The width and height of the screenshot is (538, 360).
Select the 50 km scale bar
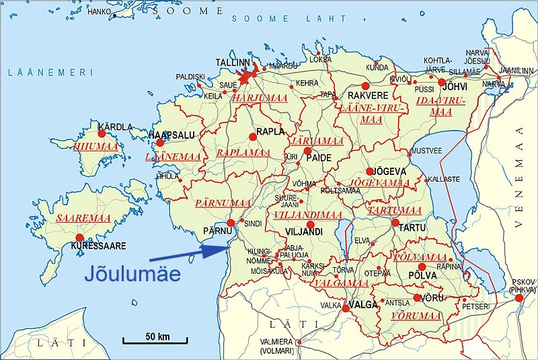[x=155, y=341]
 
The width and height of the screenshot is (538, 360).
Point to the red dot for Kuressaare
[x=79, y=238]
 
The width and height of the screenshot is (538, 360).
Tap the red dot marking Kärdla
[x=102, y=133]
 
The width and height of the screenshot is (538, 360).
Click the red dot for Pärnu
[x=231, y=223]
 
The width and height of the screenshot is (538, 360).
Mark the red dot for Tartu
[x=395, y=223]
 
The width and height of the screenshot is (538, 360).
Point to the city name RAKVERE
[x=368, y=96]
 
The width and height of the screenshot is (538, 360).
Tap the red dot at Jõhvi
[x=443, y=83]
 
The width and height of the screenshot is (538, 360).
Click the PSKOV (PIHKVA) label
[x=521, y=286]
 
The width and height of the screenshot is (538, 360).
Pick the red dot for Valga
[x=346, y=309]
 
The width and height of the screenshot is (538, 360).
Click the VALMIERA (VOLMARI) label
[x=276, y=345]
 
